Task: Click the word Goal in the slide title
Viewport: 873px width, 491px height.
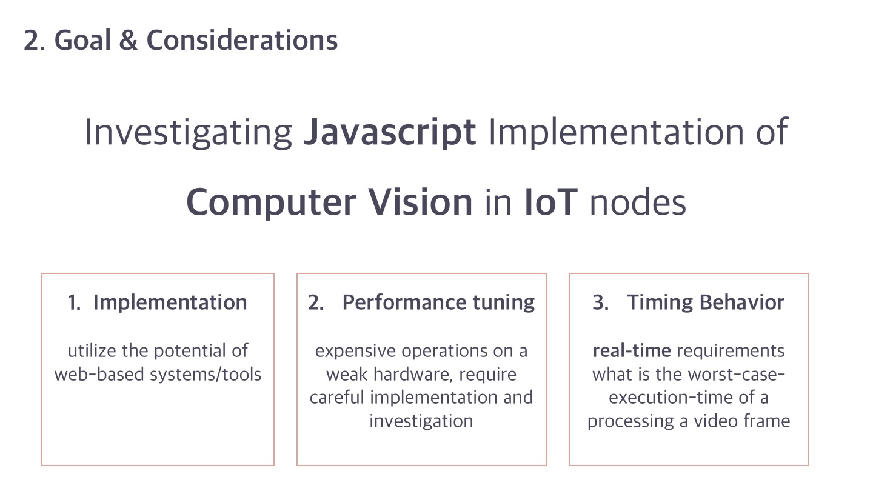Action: pyautogui.click(x=82, y=40)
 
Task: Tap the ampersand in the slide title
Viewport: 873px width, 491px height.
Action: pyautogui.click(x=129, y=40)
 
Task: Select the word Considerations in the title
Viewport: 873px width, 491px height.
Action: pyautogui.click(x=242, y=40)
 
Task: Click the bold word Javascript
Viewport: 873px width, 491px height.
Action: pyautogui.click(x=389, y=133)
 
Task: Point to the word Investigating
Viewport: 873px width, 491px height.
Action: pyautogui.click(x=188, y=133)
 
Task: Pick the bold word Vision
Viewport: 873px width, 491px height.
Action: pyautogui.click(x=421, y=202)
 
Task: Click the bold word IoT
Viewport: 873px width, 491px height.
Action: pyautogui.click(x=550, y=202)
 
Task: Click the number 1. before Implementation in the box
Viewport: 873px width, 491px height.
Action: pyautogui.click(x=74, y=302)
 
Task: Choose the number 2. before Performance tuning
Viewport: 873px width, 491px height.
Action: pyautogui.click(x=316, y=302)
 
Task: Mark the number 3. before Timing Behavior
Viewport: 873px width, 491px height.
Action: pyautogui.click(x=601, y=302)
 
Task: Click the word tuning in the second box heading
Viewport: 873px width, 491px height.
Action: pyautogui.click(x=504, y=303)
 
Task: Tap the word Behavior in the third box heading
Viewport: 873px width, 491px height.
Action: pyautogui.click(x=741, y=302)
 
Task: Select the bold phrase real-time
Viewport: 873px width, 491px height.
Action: pyautogui.click(x=632, y=351)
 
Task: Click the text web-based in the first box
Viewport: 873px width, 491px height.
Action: pyautogui.click(x=99, y=375)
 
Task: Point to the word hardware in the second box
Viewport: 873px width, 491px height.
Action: pyautogui.click(x=413, y=375)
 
